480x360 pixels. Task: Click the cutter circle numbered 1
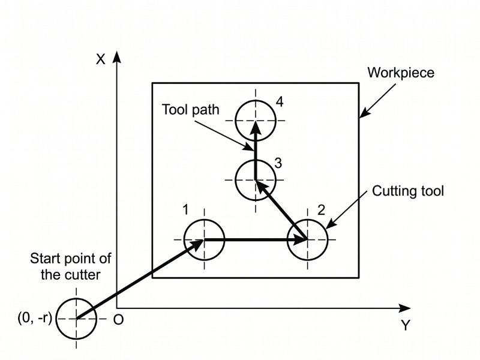(204, 239)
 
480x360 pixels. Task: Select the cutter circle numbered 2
(307, 239)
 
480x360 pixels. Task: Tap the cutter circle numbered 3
(256, 179)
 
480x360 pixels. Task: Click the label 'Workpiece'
(401, 73)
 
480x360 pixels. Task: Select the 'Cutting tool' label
(407, 191)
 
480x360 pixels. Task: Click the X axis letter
(101, 59)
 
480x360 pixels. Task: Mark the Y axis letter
(406, 326)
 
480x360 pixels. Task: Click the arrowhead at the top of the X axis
(118, 56)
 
